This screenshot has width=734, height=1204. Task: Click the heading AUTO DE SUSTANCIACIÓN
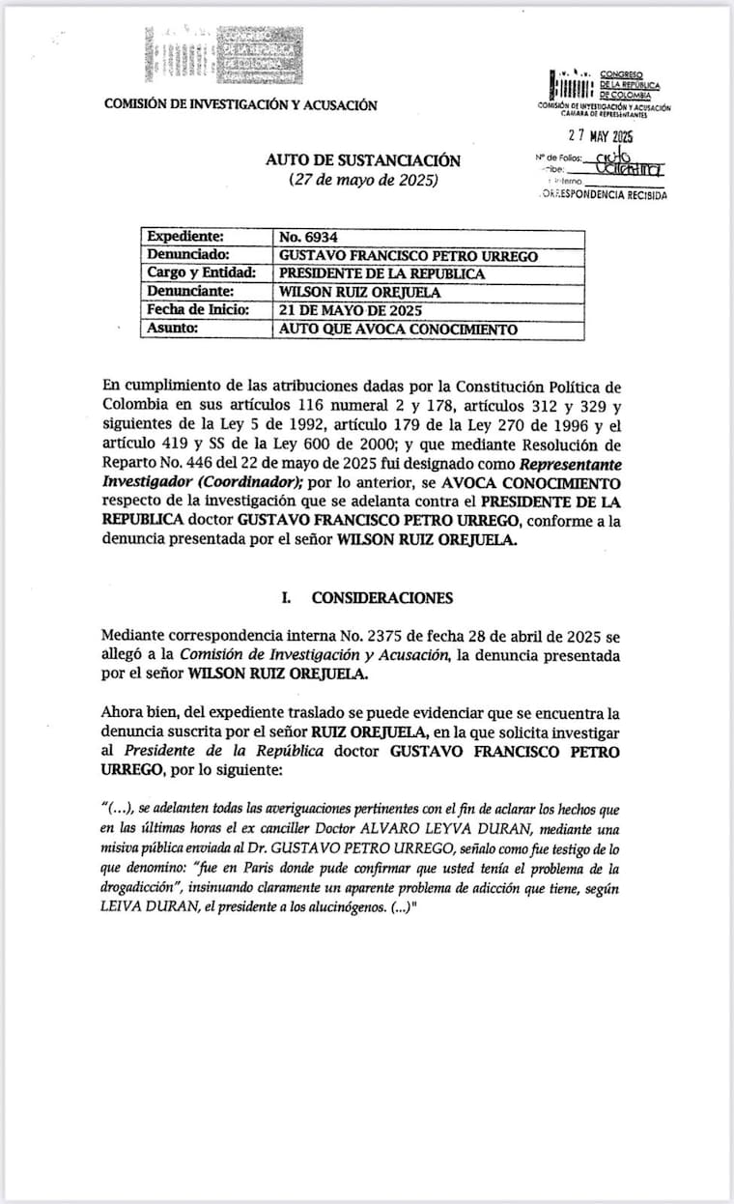click(363, 160)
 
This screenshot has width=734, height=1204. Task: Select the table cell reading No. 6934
click(308, 237)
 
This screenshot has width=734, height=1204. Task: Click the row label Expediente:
click(184, 237)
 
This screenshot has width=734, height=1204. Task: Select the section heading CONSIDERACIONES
click(381, 598)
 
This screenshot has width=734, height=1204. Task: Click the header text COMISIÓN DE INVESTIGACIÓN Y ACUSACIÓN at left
click(240, 105)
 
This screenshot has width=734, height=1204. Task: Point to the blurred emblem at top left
click(218, 52)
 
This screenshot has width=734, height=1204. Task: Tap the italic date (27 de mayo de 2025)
click(363, 181)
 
